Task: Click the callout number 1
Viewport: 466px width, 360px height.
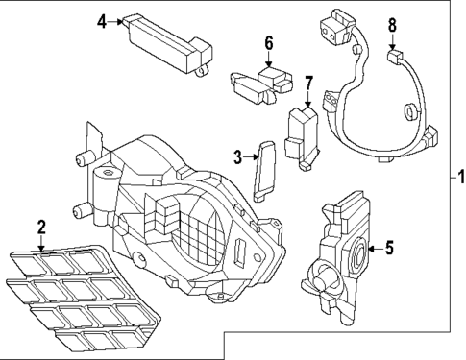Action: tap(459, 177)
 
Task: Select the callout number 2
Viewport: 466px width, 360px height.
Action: tap(40, 228)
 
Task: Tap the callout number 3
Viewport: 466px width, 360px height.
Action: tap(237, 156)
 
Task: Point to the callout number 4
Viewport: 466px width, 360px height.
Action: tap(102, 19)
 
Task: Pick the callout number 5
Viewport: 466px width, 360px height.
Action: tap(389, 249)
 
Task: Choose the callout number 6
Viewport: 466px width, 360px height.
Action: tap(269, 42)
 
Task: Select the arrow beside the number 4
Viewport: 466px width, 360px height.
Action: tap(119, 20)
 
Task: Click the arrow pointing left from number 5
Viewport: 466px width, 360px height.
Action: tap(373, 249)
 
